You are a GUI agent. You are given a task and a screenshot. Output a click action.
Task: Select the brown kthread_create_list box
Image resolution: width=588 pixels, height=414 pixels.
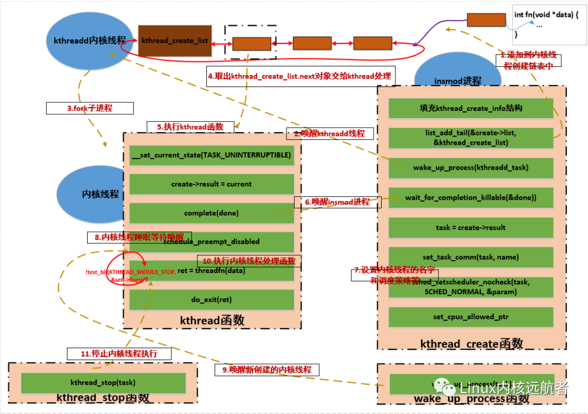pos(174,41)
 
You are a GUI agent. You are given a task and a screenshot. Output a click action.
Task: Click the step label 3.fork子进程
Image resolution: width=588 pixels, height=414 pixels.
pos(89,108)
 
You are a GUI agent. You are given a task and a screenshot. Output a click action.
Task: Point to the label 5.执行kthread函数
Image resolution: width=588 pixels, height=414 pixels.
pos(190,127)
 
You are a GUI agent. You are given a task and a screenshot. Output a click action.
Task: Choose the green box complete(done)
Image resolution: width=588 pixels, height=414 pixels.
pos(211,213)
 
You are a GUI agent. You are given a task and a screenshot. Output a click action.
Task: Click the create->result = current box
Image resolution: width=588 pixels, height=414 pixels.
pos(211,184)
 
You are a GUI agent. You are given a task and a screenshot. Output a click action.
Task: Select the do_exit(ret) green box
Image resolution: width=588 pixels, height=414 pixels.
pos(211,299)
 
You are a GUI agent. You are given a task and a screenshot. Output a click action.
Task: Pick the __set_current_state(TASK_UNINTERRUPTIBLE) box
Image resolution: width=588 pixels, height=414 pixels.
pos(211,155)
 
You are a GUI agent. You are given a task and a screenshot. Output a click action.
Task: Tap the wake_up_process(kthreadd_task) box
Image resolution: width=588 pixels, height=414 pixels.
pos(470,168)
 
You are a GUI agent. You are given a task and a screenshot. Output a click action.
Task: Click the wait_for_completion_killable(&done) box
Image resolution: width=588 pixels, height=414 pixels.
pos(470,197)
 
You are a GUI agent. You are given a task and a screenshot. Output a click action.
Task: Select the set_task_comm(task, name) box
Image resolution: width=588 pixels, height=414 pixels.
pos(470,257)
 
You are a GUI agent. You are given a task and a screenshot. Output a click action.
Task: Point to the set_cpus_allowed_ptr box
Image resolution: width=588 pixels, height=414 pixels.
pos(470,317)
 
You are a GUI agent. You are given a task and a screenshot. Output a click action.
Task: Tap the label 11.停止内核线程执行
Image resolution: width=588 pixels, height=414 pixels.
pos(119,354)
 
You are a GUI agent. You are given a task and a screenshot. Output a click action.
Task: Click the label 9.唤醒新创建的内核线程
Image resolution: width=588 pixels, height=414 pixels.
pos(267,369)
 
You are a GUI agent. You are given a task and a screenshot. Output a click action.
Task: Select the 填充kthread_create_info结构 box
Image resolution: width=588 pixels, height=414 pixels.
pos(470,108)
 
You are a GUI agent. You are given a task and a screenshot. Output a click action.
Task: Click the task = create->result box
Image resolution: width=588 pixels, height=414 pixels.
pos(470,227)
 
